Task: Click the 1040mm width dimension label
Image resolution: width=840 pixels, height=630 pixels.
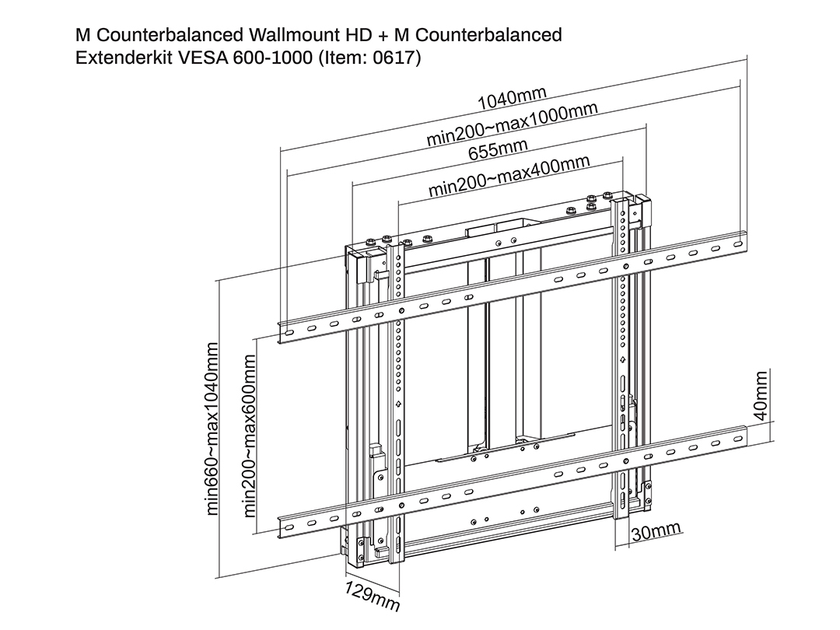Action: [512, 99]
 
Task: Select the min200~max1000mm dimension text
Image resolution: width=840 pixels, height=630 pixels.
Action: [512, 124]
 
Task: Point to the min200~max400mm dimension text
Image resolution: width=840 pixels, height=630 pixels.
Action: [509, 176]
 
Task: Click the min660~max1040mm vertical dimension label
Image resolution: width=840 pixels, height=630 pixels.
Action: [212, 429]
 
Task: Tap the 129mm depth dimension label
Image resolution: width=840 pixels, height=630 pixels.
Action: [372, 597]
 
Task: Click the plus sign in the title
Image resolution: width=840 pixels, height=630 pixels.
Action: [383, 36]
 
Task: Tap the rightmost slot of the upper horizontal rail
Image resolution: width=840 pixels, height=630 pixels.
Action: [738, 244]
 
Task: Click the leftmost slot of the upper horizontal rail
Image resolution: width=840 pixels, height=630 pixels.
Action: [289, 333]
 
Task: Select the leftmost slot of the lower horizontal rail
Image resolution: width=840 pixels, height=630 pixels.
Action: [289, 528]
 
